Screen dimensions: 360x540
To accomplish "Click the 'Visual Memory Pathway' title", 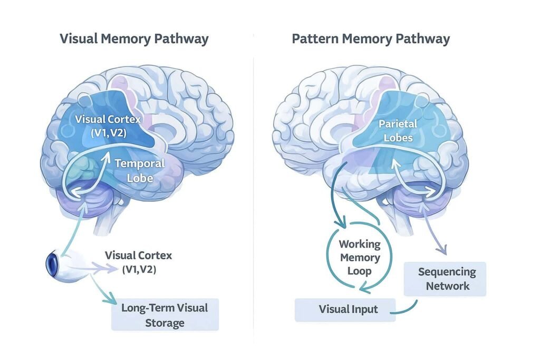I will (134, 39).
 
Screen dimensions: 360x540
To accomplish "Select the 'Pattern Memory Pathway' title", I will (371, 39).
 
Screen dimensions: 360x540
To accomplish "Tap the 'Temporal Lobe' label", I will (139, 171).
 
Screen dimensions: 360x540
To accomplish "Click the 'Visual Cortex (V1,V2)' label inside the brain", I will (108, 125).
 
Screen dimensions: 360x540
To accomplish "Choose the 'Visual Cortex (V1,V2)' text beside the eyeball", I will (138, 262).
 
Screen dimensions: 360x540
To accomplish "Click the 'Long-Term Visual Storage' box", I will (165, 315).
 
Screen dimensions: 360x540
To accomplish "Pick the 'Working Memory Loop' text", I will (359, 258).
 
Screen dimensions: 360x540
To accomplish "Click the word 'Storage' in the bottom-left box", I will (165, 323).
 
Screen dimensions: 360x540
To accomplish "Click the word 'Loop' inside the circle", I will (359, 271).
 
